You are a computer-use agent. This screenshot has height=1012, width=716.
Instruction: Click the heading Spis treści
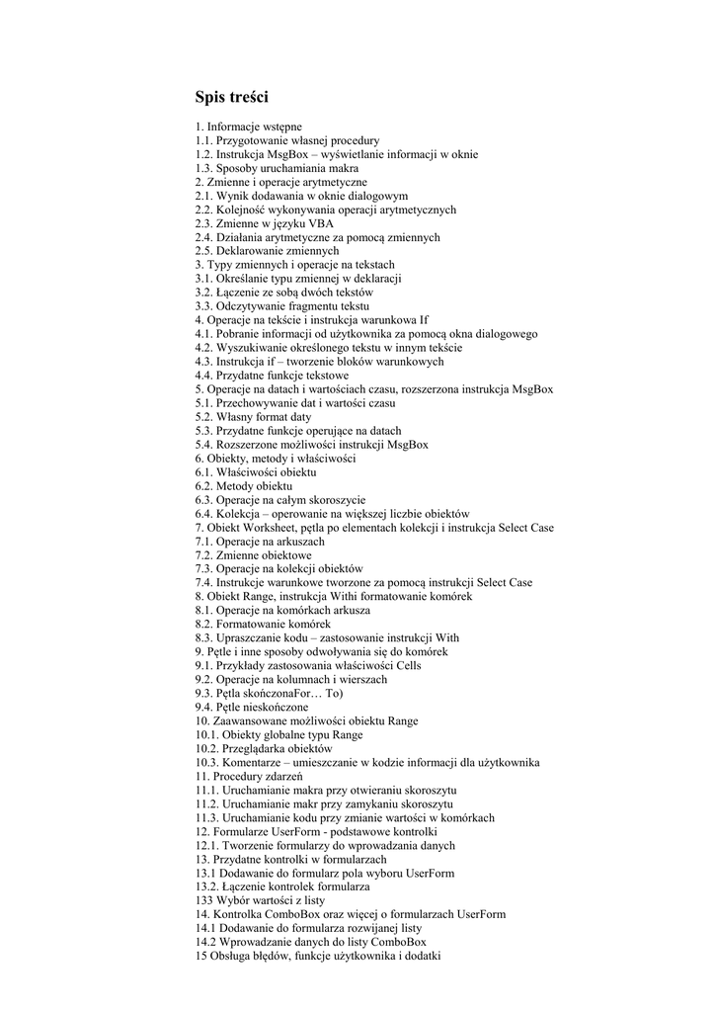231,98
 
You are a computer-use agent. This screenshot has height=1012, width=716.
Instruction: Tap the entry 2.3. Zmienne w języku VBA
264,224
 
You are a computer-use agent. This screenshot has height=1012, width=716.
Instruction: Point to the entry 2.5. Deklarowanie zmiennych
267,252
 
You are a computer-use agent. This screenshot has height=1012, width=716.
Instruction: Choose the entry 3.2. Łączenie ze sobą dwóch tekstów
283,294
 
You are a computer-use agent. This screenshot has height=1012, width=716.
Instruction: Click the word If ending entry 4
424,321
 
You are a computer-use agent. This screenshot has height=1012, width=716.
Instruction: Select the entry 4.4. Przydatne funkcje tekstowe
272,377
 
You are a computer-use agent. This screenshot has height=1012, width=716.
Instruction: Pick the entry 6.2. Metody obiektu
243,487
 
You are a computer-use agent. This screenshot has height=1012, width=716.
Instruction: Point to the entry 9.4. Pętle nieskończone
251,709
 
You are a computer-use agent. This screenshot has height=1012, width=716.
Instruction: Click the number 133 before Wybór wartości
203,901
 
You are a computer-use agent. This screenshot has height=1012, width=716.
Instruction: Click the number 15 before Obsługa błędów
200,957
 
